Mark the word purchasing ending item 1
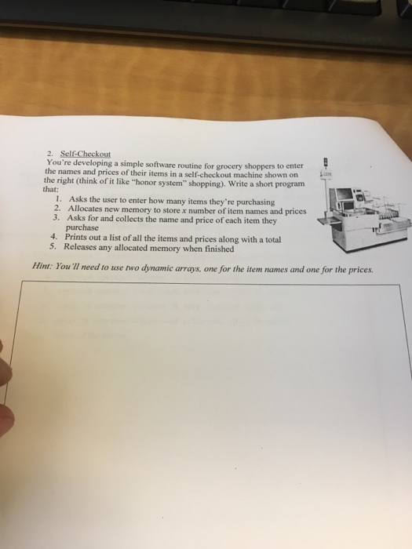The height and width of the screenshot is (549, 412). (250, 202)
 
